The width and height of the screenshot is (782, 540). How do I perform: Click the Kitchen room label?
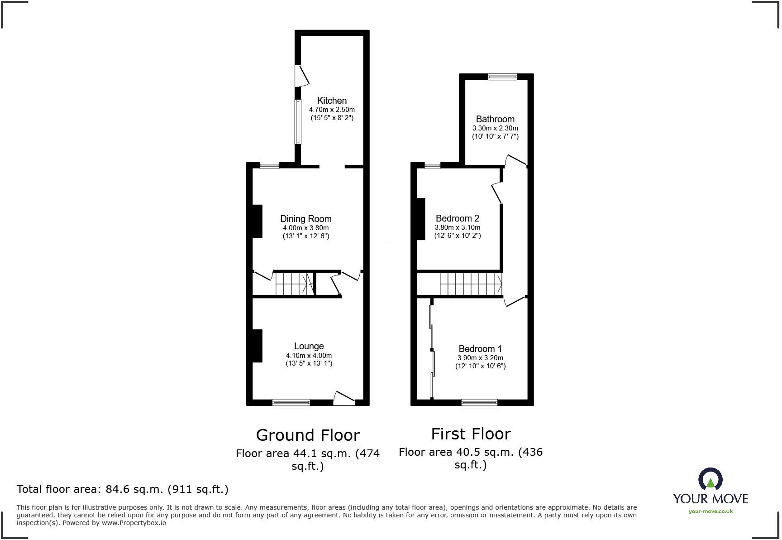point(332,101)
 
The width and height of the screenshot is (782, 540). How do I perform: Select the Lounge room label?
point(309,346)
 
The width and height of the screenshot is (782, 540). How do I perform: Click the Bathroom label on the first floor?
point(495,119)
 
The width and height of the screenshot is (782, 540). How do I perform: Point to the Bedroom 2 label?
point(457,218)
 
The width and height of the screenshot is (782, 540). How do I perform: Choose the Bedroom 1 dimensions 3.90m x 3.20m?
point(480,357)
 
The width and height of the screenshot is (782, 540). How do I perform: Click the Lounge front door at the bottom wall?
point(344,399)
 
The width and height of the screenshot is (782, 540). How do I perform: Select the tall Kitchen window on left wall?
point(298,122)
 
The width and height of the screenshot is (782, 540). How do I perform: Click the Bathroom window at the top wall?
point(502,77)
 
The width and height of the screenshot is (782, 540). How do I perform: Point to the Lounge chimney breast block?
point(257,346)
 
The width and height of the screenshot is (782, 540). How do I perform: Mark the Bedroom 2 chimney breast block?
point(421,219)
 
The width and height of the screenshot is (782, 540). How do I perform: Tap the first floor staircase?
point(471,284)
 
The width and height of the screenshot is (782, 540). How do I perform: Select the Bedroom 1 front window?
point(479,402)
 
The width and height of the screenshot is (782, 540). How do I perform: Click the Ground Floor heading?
point(308,435)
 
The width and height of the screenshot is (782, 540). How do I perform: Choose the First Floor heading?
point(471,434)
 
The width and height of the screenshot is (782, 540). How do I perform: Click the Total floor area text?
point(122,489)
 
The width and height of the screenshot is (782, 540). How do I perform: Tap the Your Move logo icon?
point(710,479)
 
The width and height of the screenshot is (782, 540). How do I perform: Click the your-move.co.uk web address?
point(710,511)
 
